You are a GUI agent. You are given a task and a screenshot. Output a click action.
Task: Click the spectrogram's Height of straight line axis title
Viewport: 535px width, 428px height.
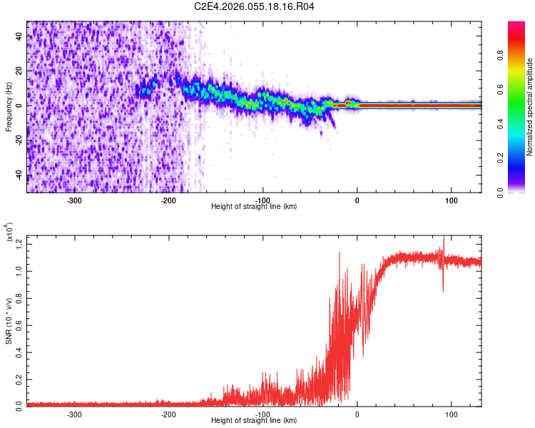pos(254,206)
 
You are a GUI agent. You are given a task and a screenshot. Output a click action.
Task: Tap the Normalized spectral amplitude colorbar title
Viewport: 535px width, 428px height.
pos(530,106)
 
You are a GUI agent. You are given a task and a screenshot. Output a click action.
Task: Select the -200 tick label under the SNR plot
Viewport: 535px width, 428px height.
pos(168,413)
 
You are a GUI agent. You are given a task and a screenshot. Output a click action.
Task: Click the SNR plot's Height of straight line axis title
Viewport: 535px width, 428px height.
pos(254,420)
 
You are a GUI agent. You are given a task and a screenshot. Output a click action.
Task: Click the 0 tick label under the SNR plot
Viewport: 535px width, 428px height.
pos(357,413)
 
